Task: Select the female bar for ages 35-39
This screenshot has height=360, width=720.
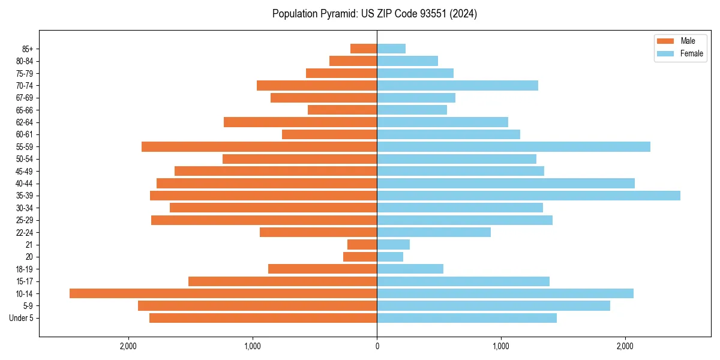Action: click(529, 196)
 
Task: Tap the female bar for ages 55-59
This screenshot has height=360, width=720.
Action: click(514, 147)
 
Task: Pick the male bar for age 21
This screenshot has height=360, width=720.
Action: click(362, 245)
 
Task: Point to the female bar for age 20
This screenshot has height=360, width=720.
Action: click(390, 257)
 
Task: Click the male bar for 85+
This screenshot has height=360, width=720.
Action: click(364, 49)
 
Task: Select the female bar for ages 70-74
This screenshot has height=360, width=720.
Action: click(457, 86)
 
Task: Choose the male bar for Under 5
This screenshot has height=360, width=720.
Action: click(263, 318)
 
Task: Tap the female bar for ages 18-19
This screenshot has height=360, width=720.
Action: click(410, 269)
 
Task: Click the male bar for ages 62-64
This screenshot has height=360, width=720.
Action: click(300, 122)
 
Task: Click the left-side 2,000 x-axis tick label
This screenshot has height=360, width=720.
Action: click(128, 346)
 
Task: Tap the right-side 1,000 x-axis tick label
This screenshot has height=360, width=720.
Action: click(501, 346)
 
